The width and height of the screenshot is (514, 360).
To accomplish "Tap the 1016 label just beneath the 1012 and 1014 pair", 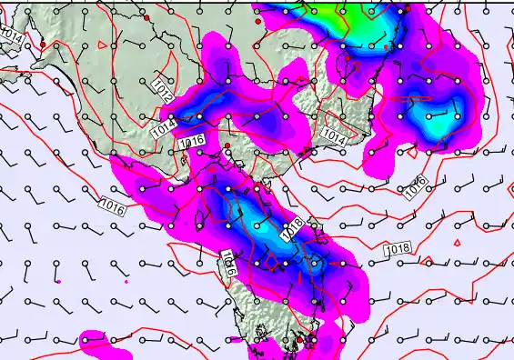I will (192, 142).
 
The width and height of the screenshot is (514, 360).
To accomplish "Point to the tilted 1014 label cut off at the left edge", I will (11, 36).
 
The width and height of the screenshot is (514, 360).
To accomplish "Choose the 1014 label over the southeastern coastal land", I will (334, 137).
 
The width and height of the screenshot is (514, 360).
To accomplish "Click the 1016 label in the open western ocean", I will (115, 207).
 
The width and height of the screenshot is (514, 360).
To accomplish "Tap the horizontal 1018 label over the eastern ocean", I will (398, 249).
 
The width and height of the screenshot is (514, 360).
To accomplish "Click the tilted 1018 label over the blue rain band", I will (291, 229).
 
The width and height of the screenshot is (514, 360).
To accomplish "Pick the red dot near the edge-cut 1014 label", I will (43, 44).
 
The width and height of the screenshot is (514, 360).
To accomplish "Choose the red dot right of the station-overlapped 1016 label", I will (227, 145).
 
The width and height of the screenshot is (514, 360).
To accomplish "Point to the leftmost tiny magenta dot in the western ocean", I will (57, 283).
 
